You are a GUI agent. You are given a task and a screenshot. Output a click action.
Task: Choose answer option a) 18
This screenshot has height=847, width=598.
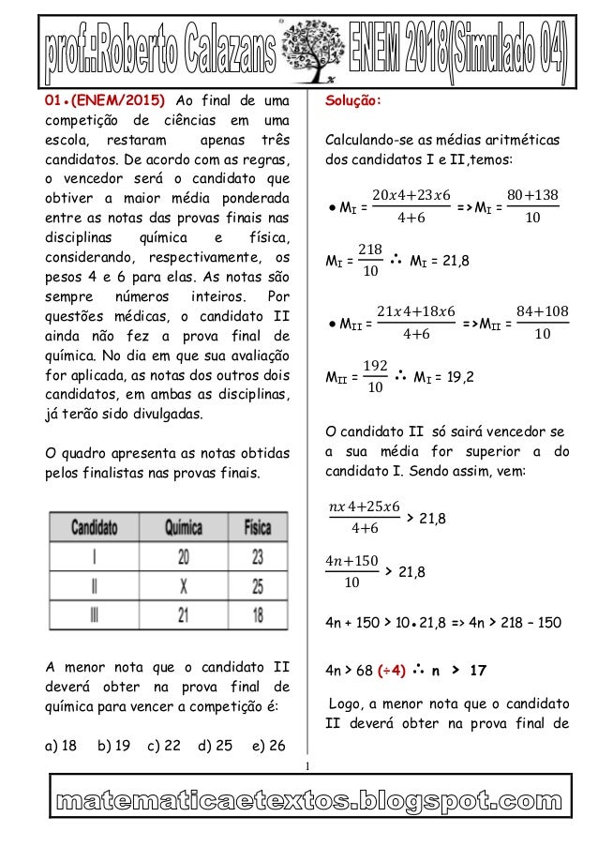(63, 747)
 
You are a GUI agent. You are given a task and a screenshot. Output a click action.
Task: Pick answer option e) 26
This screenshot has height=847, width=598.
(269, 747)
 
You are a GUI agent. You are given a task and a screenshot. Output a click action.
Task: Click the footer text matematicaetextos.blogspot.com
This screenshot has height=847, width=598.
(299, 803)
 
